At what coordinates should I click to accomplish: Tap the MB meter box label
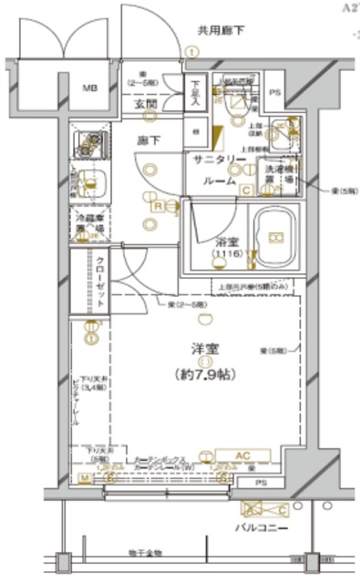[92, 88]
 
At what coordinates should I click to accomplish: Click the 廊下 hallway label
[148, 142]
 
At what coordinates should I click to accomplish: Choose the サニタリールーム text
[220, 168]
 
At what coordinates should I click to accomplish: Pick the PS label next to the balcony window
[262, 483]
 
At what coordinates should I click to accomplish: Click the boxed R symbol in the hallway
[157, 207]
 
